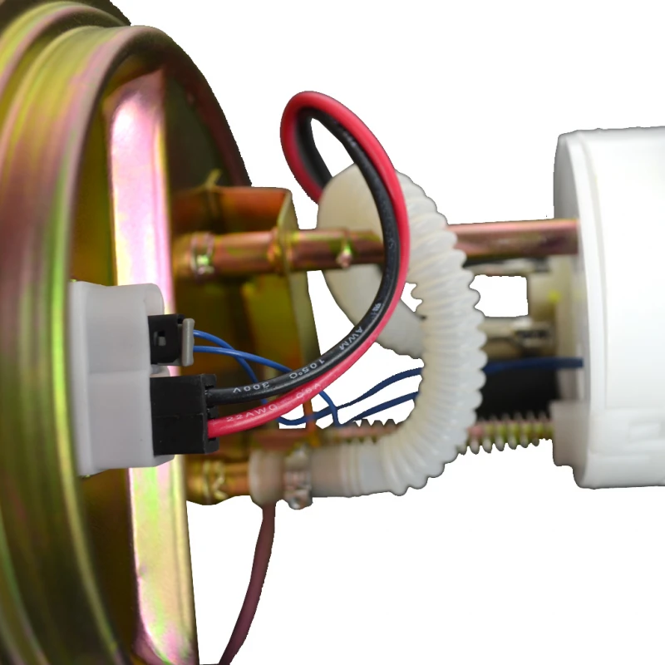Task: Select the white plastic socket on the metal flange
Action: pos(108,374)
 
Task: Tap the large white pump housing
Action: pos(615,308)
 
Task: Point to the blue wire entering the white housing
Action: pos(532,363)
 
